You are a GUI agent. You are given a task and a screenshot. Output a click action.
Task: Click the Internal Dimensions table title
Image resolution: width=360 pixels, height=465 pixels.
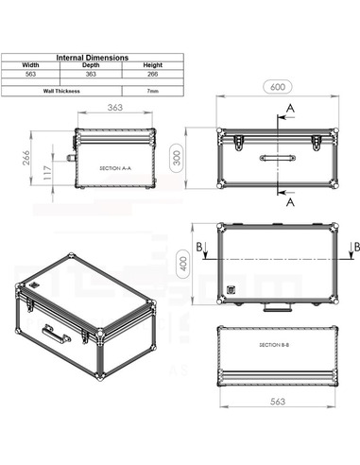(93, 58)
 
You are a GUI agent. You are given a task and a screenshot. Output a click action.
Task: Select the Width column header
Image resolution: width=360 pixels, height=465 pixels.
(31, 66)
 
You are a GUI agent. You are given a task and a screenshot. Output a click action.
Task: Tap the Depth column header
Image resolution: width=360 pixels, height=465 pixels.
(92, 66)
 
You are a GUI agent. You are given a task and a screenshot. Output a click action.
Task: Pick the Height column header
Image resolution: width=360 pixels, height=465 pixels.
(152, 66)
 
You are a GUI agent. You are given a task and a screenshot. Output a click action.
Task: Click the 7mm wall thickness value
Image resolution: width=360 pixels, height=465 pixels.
(152, 91)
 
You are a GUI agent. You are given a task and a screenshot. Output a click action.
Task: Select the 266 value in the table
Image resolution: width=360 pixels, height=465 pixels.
(152, 75)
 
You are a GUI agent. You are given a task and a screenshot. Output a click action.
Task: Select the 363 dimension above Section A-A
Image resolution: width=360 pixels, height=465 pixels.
(114, 109)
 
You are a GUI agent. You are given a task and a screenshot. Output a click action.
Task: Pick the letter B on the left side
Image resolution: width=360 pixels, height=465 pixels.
(199, 247)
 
